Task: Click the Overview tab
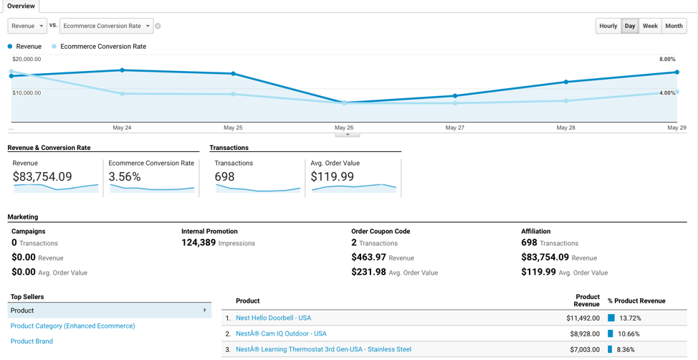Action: click(21, 6)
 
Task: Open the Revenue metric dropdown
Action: click(27, 26)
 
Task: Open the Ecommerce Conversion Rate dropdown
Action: click(106, 26)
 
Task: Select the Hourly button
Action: click(608, 26)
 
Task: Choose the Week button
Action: click(650, 26)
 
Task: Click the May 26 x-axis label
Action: click(344, 128)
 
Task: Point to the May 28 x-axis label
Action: click(565, 128)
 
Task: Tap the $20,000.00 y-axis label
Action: click(27, 60)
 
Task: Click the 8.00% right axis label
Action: click(667, 60)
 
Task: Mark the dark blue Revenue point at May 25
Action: click(234, 74)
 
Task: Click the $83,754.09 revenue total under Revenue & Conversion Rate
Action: click(42, 176)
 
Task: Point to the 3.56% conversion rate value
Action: click(125, 176)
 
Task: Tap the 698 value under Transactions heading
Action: click(225, 176)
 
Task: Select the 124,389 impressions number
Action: click(199, 243)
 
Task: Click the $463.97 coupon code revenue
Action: click(369, 257)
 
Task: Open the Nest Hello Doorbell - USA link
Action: click(273, 318)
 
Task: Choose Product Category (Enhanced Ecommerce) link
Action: click(72, 326)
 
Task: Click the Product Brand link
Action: click(32, 341)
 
